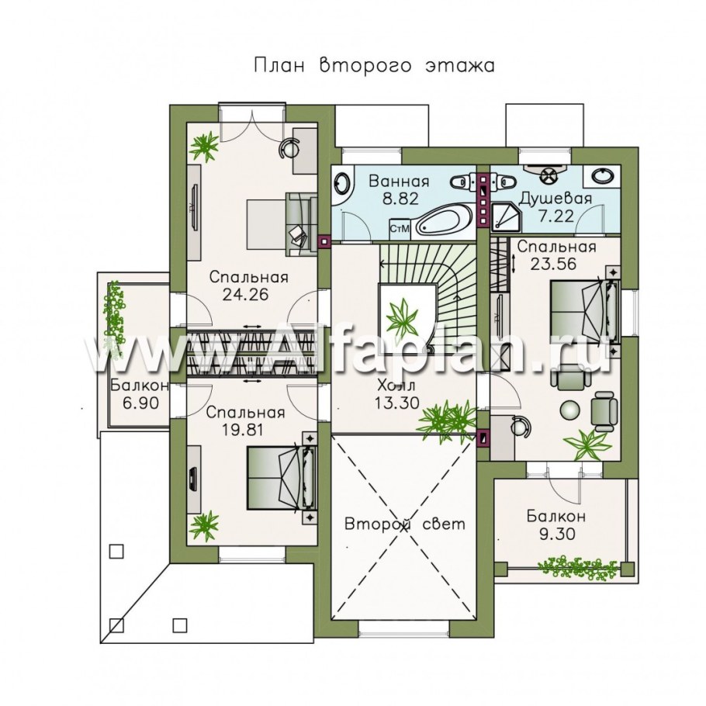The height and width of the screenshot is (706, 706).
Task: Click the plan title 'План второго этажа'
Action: pos(374,66)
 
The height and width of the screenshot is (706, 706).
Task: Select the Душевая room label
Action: pos(555,199)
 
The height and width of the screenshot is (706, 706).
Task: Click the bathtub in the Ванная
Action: pos(444,220)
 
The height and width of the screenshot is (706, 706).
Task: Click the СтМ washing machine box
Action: pos(400,229)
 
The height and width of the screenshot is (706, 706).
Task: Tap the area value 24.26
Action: pos(245,295)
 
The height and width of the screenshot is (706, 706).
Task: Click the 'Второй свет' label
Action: pos(405,524)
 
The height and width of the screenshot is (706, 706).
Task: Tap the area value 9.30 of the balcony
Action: pos(557,534)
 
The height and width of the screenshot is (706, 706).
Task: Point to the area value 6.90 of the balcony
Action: pos(140,403)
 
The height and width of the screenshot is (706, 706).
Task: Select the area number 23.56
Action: pos(553,264)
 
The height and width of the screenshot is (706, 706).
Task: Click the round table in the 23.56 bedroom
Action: pos(571,410)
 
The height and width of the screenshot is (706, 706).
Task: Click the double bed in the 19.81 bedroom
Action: pos(282,478)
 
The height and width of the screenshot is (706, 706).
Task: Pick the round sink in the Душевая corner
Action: pos(601,176)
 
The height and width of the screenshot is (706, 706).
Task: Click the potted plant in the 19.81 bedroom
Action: pos(203,528)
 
